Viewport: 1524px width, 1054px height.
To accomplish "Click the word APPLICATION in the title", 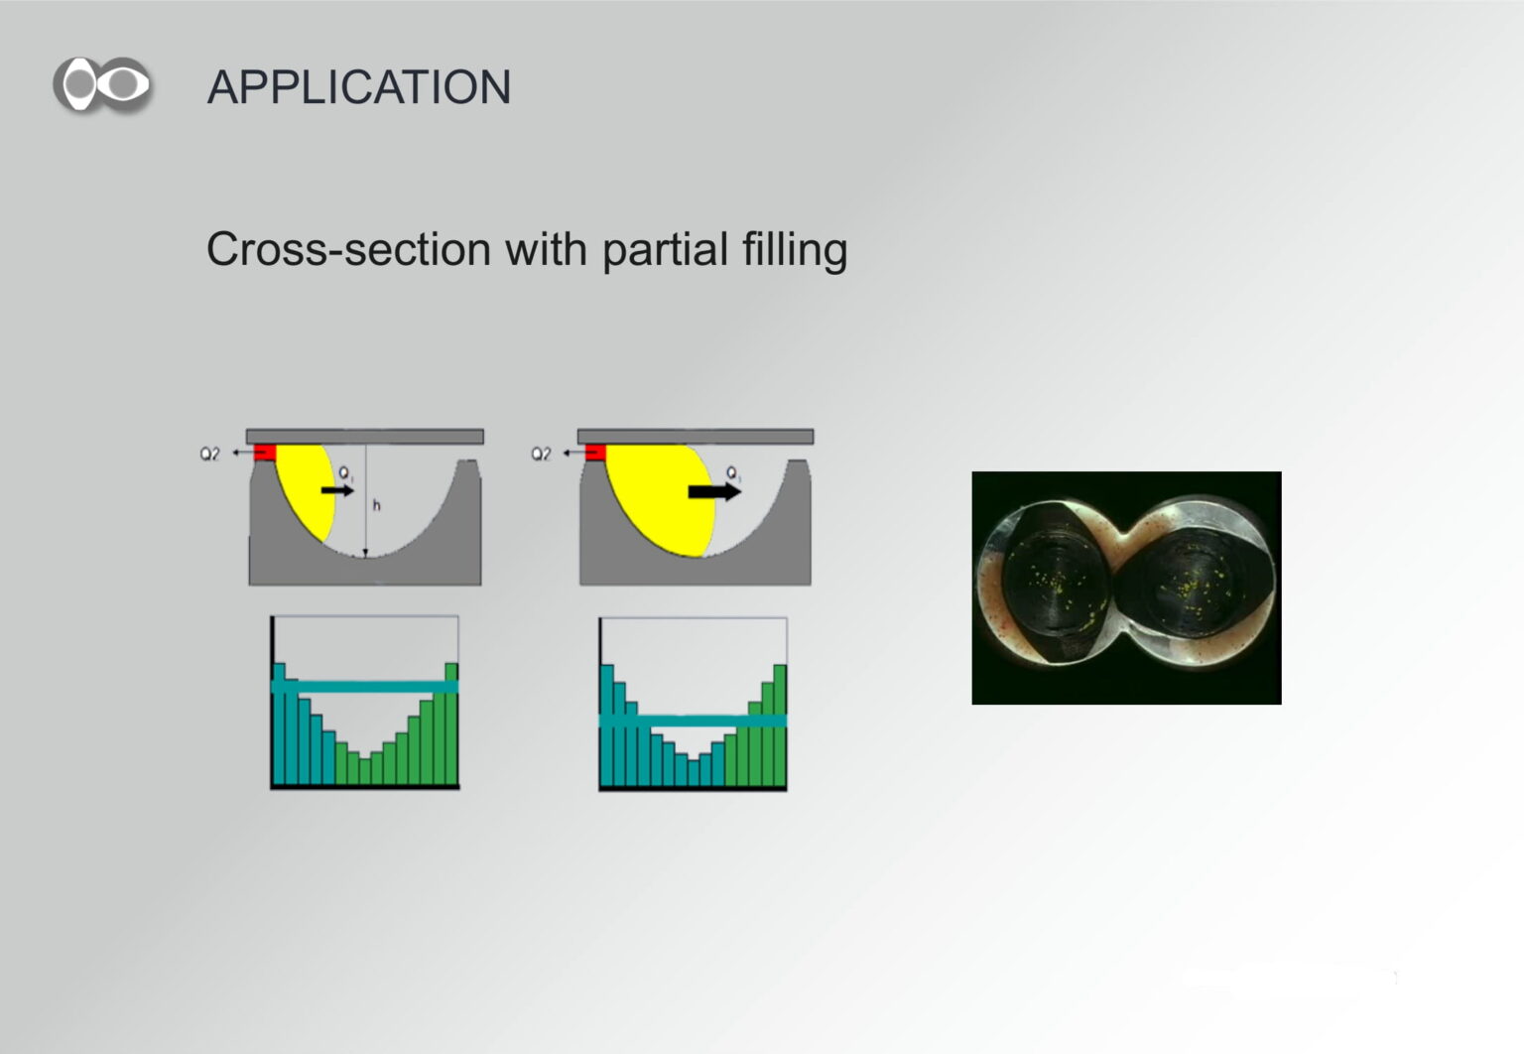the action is (x=358, y=87).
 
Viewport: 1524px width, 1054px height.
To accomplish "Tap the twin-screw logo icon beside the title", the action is (x=102, y=84).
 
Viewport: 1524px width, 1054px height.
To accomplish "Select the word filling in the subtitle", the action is (x=795, y=250).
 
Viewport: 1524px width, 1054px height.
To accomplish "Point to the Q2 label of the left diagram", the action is (x=209, y=454).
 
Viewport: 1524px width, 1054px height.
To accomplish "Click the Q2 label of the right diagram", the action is (x=541, y=454).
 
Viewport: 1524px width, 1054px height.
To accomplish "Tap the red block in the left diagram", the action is (x=265, y=453).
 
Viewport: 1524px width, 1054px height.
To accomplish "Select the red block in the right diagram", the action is (x=595, y=453).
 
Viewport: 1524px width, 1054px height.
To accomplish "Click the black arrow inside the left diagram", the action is (x=337, y=490).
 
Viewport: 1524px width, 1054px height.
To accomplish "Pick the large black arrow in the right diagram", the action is (x=714, y=491).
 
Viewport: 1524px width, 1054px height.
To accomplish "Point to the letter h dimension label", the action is (x=376, y=505).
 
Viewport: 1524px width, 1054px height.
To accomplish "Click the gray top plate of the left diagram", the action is (x=365, y=436).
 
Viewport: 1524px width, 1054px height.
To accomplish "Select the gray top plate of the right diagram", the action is (x=696, y=436).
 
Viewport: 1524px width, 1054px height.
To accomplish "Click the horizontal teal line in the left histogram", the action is (x=365, y=687).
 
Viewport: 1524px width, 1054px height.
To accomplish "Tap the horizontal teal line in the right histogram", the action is (x=693, y=721).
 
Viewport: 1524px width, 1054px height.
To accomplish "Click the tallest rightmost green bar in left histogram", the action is (x=451, y=724).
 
